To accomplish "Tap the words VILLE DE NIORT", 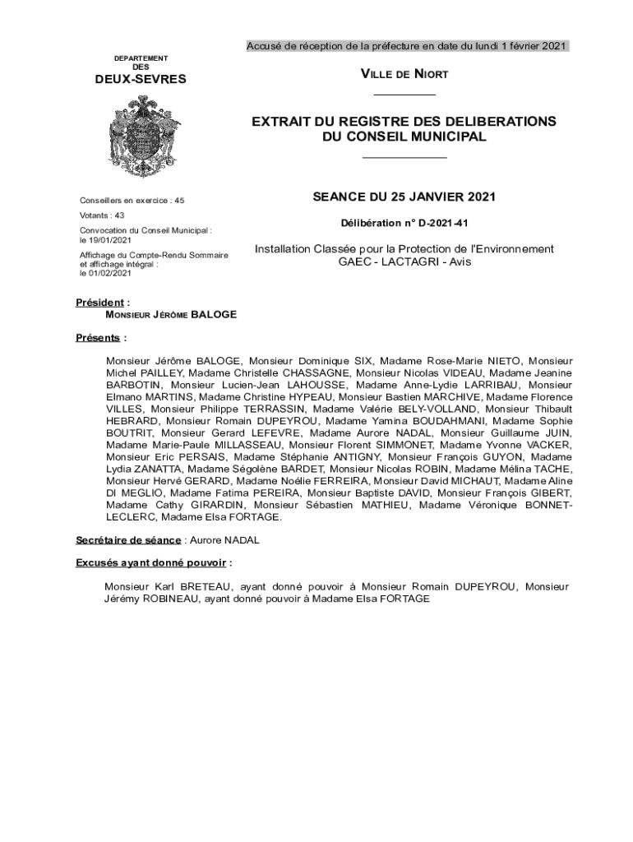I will coord(404,75).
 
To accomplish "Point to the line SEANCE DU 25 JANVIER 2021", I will coord(404,197).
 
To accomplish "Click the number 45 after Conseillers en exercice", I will coord(179,200).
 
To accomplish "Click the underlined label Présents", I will coord(99,338).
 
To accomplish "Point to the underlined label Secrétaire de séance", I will coord(127,539).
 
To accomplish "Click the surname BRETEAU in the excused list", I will coord(206,587).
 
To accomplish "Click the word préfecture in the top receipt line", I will coord(391,46).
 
